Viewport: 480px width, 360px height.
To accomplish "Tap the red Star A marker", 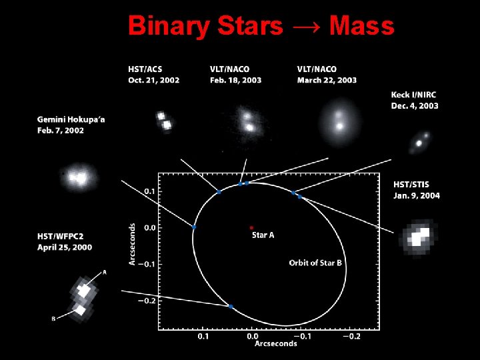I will (x=251, y=227).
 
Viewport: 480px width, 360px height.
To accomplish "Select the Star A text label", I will (x=262, y=235).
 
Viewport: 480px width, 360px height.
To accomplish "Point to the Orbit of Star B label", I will (x=315, y=263).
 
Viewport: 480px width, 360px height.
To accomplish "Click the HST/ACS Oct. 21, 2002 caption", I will (x=154, y=74).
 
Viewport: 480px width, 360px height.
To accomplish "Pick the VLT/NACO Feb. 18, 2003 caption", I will (x=235, y=74).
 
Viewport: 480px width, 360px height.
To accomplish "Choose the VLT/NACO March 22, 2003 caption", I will (x=327, y=74).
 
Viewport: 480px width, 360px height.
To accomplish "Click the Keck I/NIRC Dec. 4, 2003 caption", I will (x=414, y=101).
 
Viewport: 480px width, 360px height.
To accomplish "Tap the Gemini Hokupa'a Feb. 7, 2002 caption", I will (x=71, y=125).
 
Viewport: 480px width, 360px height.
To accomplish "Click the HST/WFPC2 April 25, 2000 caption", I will (x=65, y=242).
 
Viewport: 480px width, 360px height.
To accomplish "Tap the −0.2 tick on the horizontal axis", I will (x=351, y=337).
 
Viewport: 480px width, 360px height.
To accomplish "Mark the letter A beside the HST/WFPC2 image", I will (x=104, y=272).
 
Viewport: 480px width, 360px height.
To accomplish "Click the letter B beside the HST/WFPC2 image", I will (x=53, y=319).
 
